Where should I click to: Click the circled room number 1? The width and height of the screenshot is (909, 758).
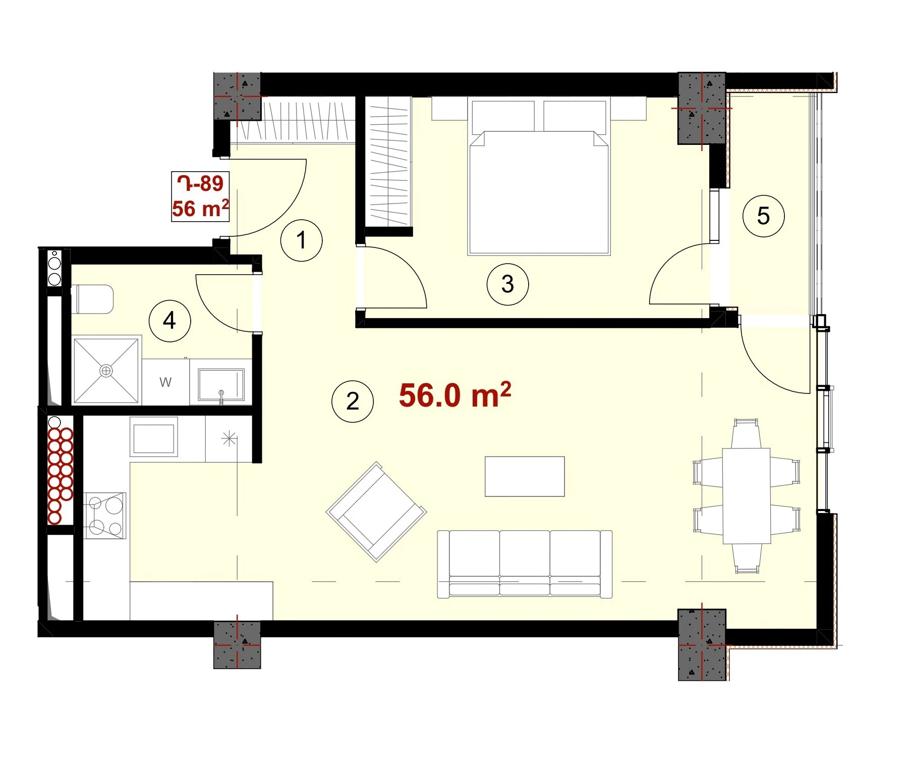[301, 240]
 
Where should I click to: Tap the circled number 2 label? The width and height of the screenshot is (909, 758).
[352, 401]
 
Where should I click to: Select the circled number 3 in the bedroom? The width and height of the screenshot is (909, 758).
[507, 284]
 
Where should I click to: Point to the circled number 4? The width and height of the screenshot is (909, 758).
[169, 321]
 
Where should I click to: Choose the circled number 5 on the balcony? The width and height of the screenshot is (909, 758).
[763, 216]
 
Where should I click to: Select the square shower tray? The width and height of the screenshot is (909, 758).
[106, 371]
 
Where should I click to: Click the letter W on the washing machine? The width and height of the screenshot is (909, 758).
[165, 382]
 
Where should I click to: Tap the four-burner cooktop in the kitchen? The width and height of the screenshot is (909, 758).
[105, 515]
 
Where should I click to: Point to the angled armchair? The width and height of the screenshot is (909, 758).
[376, 512]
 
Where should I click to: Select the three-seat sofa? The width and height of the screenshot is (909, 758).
[525, 564]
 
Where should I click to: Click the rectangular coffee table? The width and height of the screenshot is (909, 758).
[525, 477]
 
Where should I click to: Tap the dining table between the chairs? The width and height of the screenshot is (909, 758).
[747, 495]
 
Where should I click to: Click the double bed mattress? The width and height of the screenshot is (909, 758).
[539, 192]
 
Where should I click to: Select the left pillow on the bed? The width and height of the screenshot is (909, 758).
[503, 117]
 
